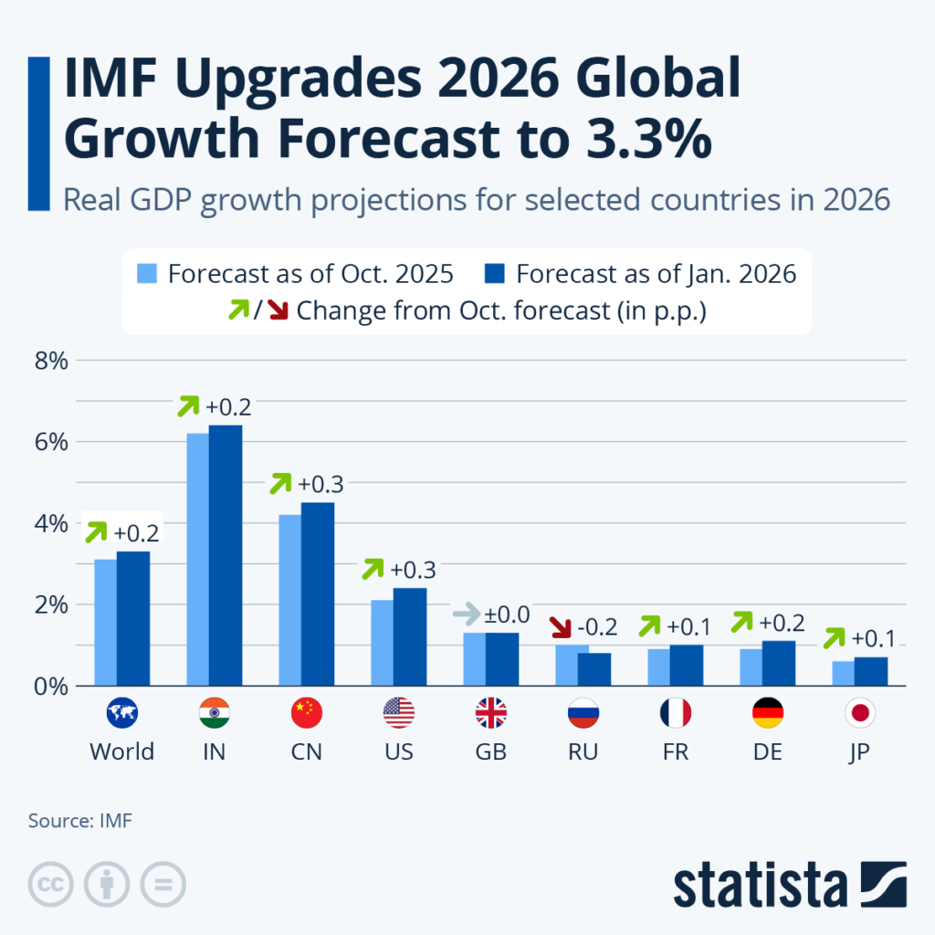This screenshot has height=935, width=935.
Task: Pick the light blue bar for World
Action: pyautogui.click(x=106, y=622)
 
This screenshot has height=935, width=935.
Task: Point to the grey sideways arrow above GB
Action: pyautogui.click(x=467, y=613)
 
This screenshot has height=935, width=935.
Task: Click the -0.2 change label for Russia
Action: pyautogui.click(x=596, y=627)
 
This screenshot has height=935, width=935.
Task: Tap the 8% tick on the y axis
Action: pyautogui.click(x=51, y=361)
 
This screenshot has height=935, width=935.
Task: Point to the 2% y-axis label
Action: pyautogui.click(x=51, y=604)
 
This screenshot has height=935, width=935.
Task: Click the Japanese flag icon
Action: pyautogui.click(x=859, y=713)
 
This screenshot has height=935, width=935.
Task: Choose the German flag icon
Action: pyautogui.click(x=767, y=713)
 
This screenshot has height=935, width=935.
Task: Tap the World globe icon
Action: pyautogui.click(x=121, y=713)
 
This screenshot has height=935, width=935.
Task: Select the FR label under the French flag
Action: pyautogui.click(x=675, y=751)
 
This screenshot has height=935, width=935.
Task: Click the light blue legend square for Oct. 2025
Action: pyautogui.click(x=149, y=274)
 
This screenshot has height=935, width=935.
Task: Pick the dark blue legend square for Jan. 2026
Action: pyautogui.click(x=494, y=274)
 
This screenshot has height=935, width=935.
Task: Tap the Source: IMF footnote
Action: pyautogui.click(x=80, y=820)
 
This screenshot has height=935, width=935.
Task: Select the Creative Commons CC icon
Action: pyautogui.click(x=52, y=884)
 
